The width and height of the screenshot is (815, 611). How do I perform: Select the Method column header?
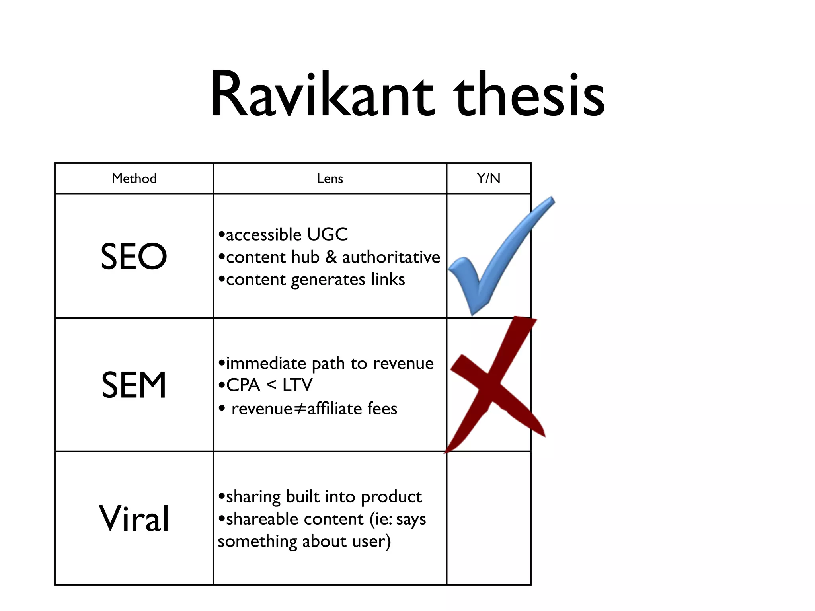pyautogui.click(x=134, y=179)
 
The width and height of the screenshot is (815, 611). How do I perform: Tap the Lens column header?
pyautogui.click(x=330, y=179)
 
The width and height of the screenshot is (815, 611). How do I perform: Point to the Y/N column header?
pyautogui.click(x=489, y=179)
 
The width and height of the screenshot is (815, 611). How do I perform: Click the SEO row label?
pyautogui.click(x=134, y=257)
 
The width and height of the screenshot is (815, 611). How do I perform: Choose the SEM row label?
pyautogui.click(x=134, y=385)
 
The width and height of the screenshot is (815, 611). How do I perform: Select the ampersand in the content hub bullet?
pyautogui.click(x=331, y=257)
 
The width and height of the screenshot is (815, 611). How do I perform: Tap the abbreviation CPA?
pyautogui.click(x=243, y=385)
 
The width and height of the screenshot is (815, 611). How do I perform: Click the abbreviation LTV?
pyautogui.click(x=297, y=385)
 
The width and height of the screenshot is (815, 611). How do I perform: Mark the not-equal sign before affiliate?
pyautogui.click(x=300, y=409)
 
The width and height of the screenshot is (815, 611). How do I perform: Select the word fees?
pyautogui.click(x=382, y=409)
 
